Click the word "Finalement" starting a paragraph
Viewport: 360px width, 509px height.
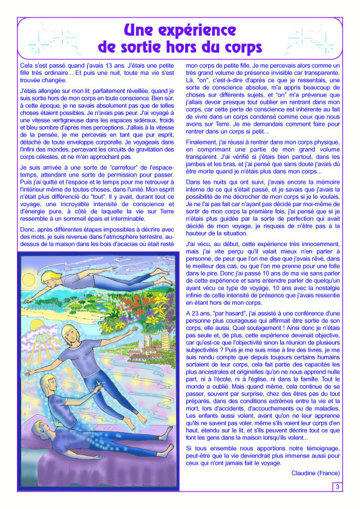pos(203,143)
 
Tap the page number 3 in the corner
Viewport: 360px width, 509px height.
pos(337,487)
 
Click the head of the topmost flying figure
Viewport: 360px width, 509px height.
pos(51,278)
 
